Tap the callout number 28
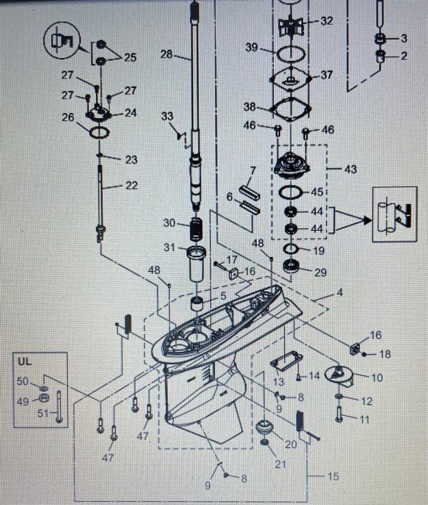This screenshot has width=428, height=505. pos(166,55)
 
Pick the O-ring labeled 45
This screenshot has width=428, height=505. pos(290,191)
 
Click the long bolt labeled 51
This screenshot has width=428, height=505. pos(59,406)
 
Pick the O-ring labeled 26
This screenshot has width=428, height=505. pos(98,133)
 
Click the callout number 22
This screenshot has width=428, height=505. pos(131,186)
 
